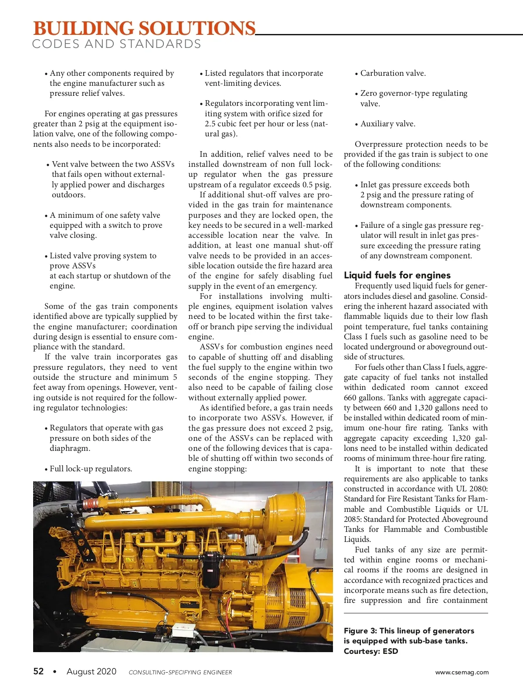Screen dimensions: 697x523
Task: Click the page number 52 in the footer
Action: tap(38, 671)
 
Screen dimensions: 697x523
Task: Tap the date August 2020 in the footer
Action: tap(92, 671)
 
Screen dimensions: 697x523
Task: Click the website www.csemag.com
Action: tap(462, 672)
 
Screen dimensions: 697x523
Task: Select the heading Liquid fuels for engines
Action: tap(397, 275)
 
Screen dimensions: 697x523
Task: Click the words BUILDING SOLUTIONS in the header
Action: tap(144, 29)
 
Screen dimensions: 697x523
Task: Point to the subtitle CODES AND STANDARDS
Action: tap(116, 44)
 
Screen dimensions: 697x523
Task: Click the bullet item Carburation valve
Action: tap(393, 73)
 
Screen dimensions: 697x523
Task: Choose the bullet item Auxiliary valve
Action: tap(387, 124)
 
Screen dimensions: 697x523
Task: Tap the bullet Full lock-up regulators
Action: tap(91, 469)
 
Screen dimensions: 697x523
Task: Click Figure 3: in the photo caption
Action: tap(360, 631)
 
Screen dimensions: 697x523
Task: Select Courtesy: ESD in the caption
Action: tap(370, 651)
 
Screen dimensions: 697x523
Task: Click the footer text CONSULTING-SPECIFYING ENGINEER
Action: tap(180, 672)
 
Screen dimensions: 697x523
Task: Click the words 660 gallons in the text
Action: tap(364, 398)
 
